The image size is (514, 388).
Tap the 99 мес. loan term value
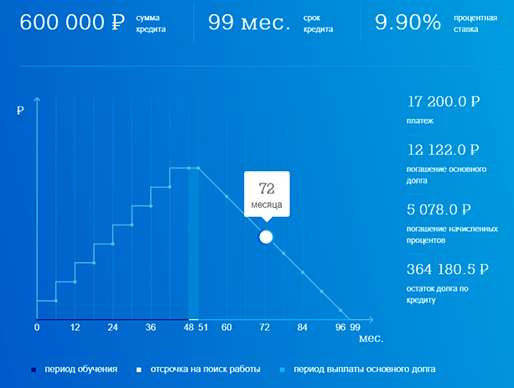(249, 23)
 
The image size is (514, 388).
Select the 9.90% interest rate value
(408, 23)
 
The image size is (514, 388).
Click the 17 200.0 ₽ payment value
(443, 102)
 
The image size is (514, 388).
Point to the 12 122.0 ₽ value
(443, 150)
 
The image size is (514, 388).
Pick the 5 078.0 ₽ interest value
(439, 210)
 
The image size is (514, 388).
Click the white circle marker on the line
(266, 236)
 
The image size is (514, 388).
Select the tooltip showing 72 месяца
(267, 195)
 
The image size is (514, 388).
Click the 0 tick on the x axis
(37, 327)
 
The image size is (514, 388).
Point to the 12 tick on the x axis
(75, 327)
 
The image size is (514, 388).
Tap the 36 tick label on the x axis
(151, 327)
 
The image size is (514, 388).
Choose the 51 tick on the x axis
(202, 327)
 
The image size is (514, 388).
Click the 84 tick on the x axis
(303, 327)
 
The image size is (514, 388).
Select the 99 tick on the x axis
(356, 327)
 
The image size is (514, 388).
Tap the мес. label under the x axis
(371, 339)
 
